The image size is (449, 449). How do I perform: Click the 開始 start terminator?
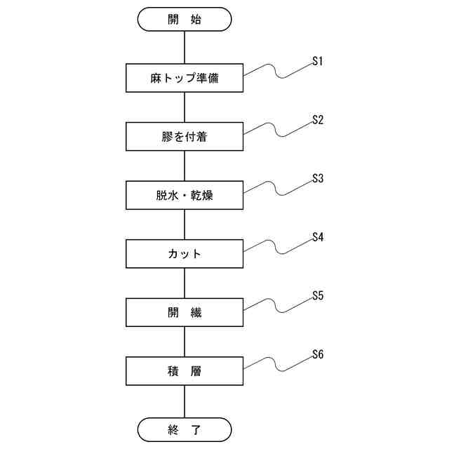(x=185, y=20)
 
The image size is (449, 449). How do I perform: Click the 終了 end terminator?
(x=185, y=429)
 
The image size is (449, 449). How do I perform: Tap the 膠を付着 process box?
(x=185, y=137)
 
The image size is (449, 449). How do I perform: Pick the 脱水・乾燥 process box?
(x=185, y=196)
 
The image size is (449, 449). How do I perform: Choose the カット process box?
(x=185, y=254)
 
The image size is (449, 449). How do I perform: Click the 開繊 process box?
(x=185, y=312)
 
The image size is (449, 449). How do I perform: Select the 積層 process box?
(x=185, y=371)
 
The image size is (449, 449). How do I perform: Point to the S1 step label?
(x=317, y=62)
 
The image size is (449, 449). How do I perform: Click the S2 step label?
(x=317, y=120)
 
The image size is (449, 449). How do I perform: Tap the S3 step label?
(x=317, y=179)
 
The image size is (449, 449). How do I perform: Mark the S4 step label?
(x=317, y=237)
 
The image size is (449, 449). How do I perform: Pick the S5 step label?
(x=317, y=295)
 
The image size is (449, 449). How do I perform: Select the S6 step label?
(x=317, y=354)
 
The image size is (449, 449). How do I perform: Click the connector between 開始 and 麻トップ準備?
(x=185, y=48)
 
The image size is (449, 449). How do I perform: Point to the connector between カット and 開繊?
(x=185, y=283)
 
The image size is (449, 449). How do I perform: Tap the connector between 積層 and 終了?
(x=185, y=401)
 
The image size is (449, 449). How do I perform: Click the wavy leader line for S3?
(x=277, y=188)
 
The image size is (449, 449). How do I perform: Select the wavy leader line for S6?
(x=277, y=363)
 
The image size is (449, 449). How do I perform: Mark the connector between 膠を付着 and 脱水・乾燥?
(x=185, y=166)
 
